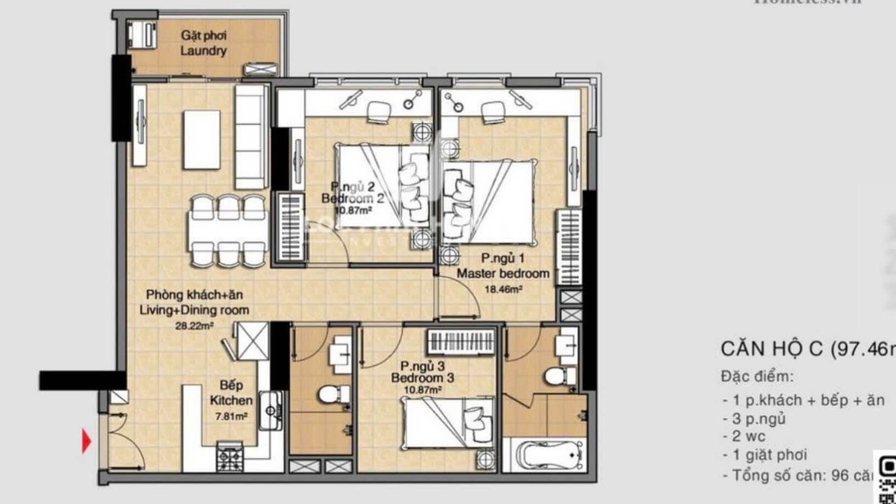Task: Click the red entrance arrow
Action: [87, 441]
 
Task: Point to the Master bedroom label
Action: [503, 273]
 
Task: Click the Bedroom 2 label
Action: [352, 198]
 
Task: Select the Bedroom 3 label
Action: [422, 378]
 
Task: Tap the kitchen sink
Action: [270, 411]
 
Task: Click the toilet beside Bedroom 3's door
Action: [332, 394]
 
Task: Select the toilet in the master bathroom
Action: [559, 377]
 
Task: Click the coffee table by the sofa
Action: [202, 140]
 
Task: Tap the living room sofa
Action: [251, 136]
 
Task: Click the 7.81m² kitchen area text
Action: [231, 416]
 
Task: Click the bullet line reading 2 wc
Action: [749, 437]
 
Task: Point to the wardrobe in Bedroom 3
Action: [461, 343]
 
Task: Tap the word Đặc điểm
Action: [756, 376]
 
